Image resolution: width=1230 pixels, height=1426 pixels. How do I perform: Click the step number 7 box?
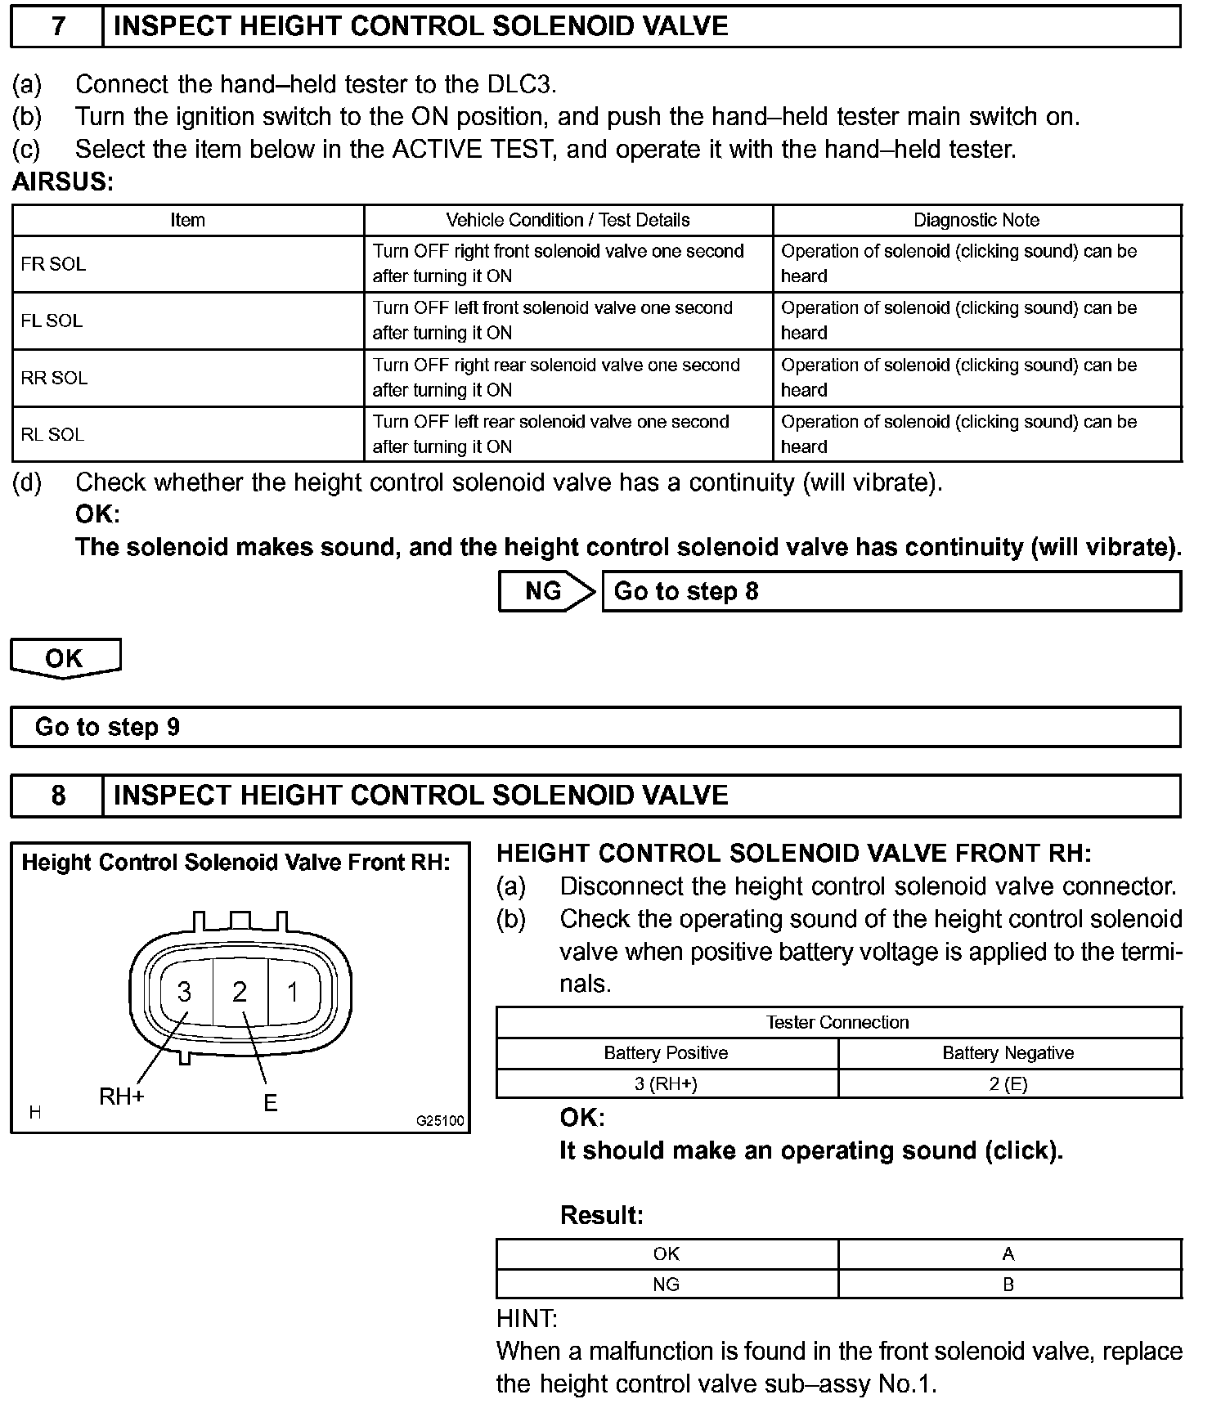(x=57, y=26)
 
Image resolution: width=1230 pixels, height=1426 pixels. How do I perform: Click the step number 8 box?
(x=57, y=796)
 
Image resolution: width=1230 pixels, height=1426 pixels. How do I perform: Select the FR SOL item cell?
(x=187, y=264)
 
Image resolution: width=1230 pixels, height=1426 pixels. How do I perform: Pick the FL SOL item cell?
(x=187, y=321)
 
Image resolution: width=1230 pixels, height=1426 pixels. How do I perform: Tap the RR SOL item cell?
(x=187, y=378)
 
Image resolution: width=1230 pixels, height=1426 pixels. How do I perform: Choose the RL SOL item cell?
(x=187, y=434)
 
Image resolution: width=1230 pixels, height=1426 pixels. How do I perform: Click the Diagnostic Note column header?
(x=976, y=220)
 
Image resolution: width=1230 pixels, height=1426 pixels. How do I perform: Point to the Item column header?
(x=187, y=220)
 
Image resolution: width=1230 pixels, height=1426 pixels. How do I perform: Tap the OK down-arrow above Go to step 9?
(x=65, y=658)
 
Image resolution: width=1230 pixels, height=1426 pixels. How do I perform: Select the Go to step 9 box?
(x=595, y=727)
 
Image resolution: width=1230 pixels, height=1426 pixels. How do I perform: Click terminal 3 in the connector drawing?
(x=185, y=992)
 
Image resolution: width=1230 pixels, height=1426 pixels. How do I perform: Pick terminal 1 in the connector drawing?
(x=293, y=992)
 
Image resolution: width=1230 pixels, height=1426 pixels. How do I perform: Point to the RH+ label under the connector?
(x=122, y=1096)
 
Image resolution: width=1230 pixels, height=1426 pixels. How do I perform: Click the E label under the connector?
(x=271, y=1103)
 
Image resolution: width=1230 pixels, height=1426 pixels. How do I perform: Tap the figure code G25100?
(x=440, y=1121)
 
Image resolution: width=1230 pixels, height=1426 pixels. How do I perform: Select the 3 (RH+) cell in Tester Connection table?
(x=667, y=1084)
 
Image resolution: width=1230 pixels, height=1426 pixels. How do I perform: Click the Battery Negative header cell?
(x=1008, y=1053)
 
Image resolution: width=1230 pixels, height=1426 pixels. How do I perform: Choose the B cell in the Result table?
(x=1008, y=1285)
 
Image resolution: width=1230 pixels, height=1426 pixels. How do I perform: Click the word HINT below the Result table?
(x=527, y=1319)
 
